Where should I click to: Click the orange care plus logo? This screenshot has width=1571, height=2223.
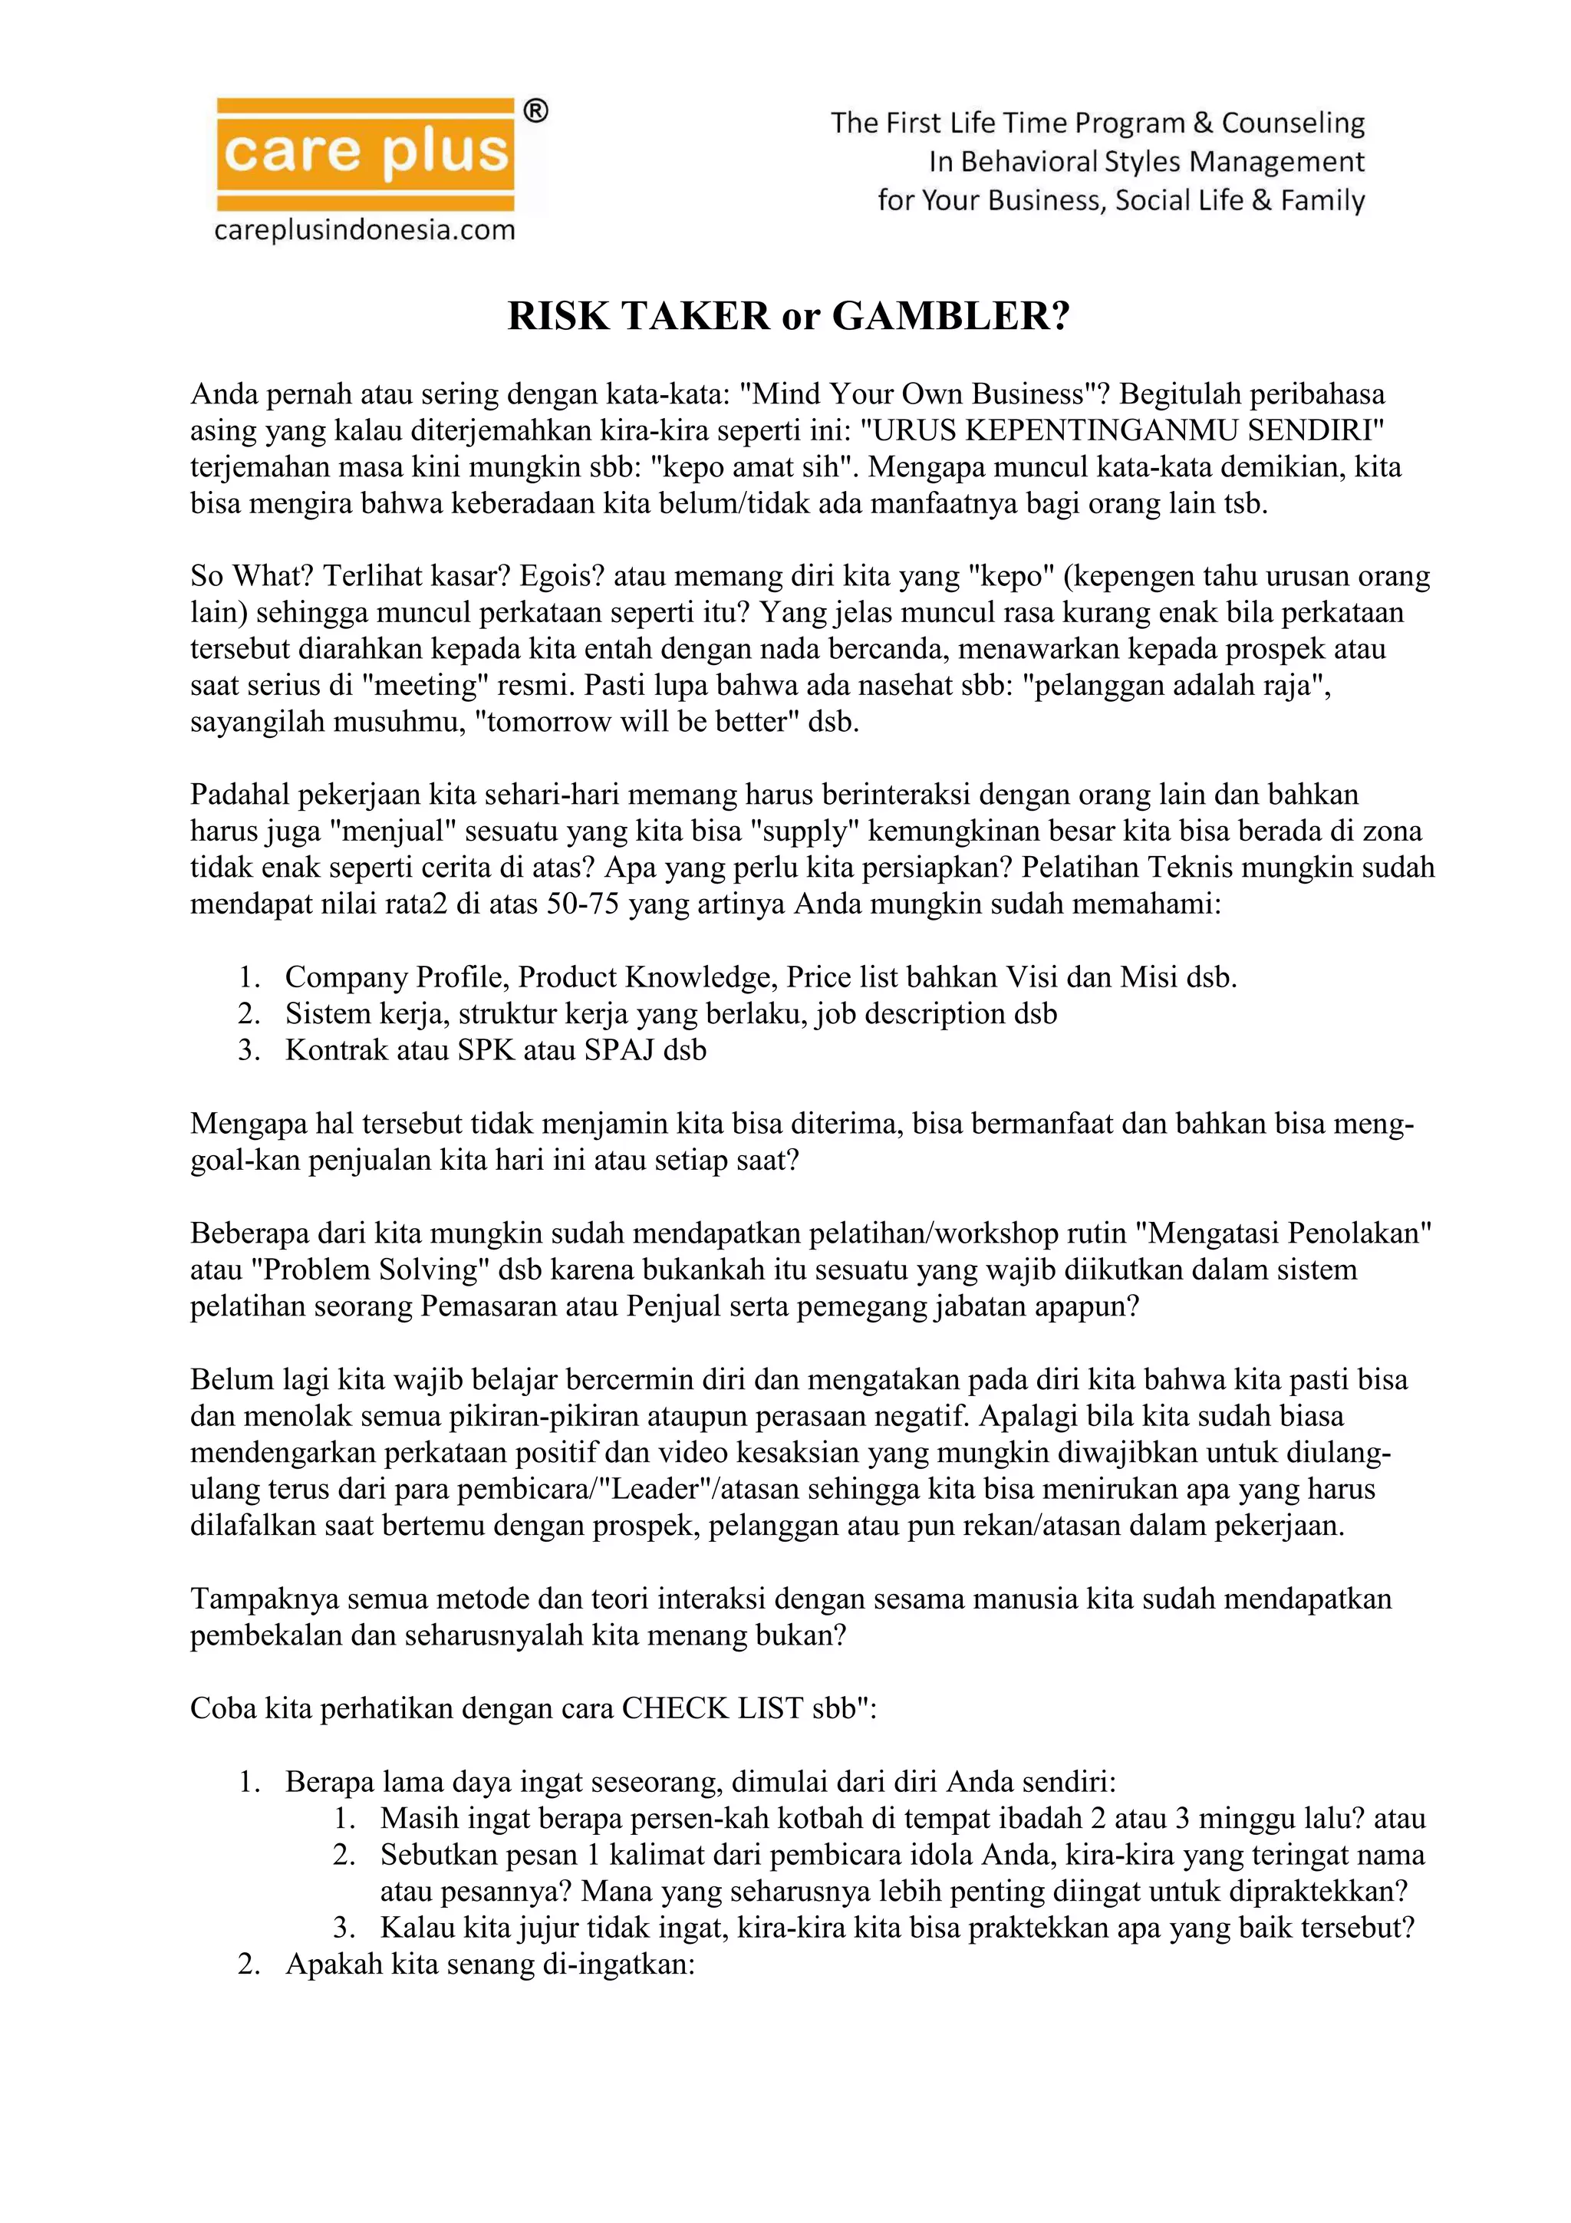pyautogui.click(x=365, y=152)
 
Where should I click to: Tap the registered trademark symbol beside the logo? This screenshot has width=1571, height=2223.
pyautogui.click(x=535, y=111)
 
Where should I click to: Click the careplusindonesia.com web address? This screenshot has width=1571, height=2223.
pyautogui.click(x=365, y=230)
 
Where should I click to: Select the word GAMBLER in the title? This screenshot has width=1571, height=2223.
pyautogui.click(x=950, y=317)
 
